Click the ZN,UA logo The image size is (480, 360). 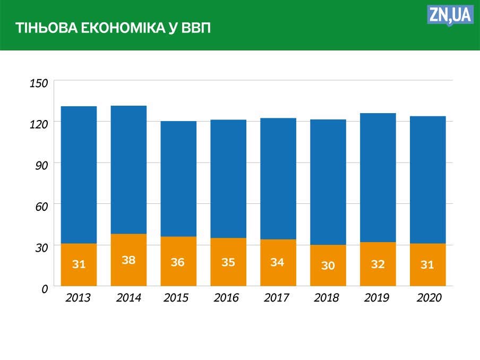coord(450,15)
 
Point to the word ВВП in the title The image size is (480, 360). coord(196,28)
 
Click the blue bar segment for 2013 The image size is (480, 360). coord(79,175)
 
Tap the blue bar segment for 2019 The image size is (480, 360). coord(378,177)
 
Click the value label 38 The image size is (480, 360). coord(128,260)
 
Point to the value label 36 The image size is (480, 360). coord(178,262)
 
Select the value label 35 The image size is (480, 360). coord(228,262)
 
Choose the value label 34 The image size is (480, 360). coord(277,262)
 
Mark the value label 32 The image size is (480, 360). coord(378,264)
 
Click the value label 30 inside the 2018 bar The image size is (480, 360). coord(328,265)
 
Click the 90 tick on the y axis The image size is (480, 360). coord(42,165)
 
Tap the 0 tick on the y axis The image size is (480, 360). coord(45,288)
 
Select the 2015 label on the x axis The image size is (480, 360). coord(176,298)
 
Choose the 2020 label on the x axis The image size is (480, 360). coord(429,298)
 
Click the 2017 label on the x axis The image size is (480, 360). coord(276,298)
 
